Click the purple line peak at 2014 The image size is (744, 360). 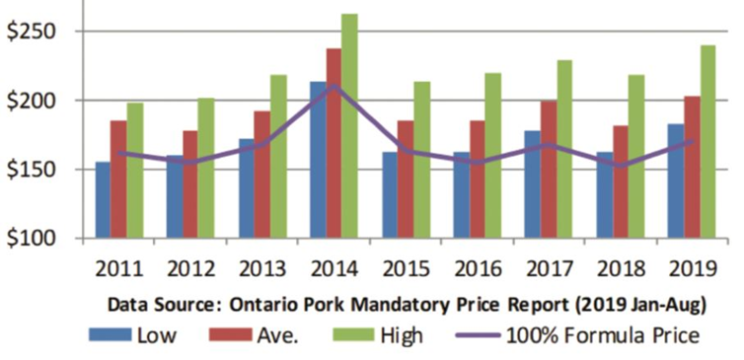(x=334, y=87)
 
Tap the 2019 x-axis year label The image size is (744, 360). (x=691, y=268)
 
